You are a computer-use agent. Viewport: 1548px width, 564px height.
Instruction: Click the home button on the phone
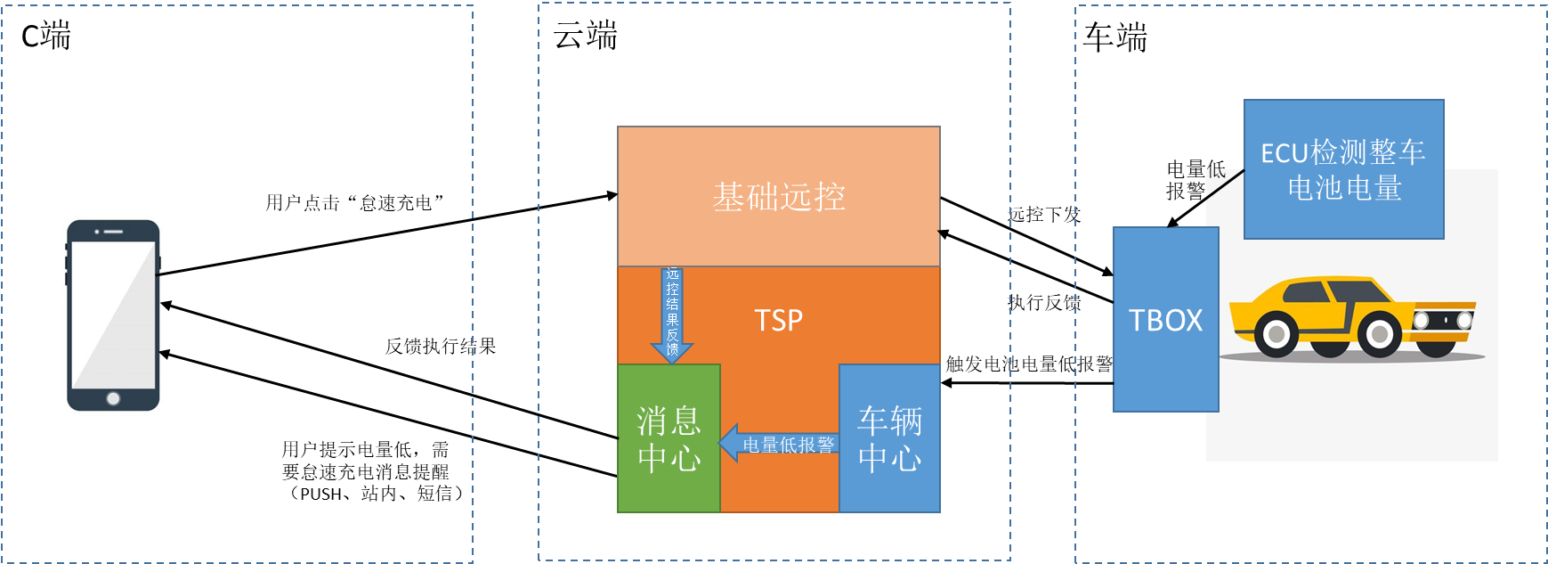(x=113, y=398)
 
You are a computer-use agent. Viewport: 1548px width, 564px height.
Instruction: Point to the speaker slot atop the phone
(x=113, y=232)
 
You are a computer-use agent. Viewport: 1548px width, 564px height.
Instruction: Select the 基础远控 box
(x=778, y=197)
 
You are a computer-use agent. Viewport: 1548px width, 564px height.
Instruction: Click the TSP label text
(x=778, y=320)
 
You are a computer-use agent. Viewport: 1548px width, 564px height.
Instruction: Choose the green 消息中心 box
(x=669, y=438)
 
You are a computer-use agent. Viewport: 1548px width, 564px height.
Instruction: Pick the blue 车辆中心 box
(x=889, y=438)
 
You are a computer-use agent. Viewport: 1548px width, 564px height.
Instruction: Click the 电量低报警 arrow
(x=780, y=444)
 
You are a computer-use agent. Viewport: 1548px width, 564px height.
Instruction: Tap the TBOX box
(x=1165, y=320)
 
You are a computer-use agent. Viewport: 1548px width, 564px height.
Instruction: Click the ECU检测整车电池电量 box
(x=1343, y=169)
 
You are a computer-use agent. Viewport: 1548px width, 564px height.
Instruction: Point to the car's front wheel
(x=1380, y=335)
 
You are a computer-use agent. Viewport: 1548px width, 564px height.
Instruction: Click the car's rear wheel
(x=1276, y=335)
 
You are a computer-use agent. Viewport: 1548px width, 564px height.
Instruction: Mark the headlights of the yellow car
(x=1443, y=319)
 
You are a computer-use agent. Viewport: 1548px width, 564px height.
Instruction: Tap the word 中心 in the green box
(x=669, y=458)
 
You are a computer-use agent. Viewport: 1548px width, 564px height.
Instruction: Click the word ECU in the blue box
(x=1284, y=153)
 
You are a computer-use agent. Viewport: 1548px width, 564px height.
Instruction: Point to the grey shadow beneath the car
(x=1353, y=358)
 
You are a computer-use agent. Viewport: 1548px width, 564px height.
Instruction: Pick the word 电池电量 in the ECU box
(x=1344, y=188)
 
